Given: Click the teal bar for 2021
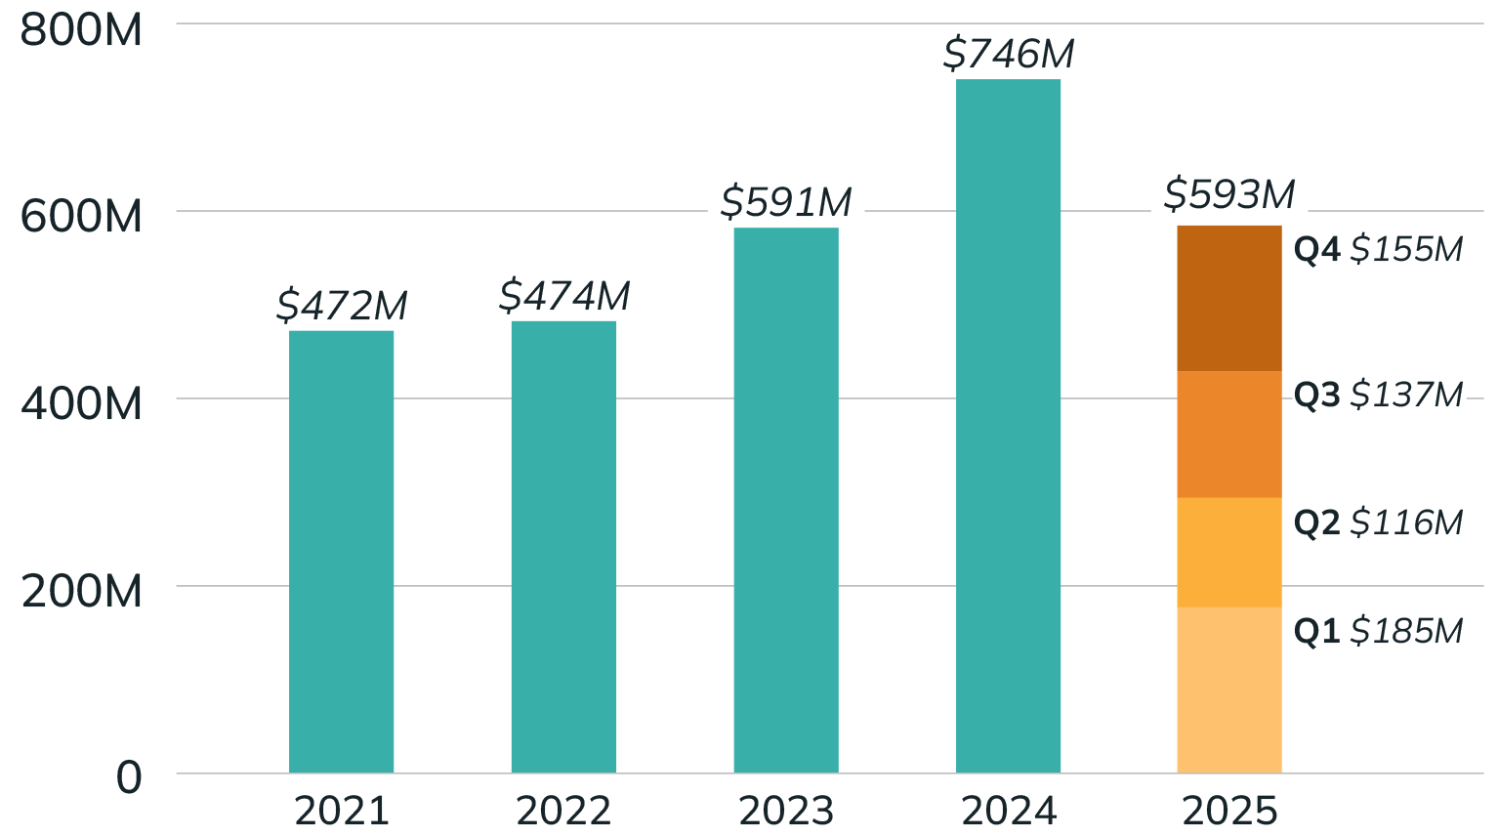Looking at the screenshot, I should point(342,552).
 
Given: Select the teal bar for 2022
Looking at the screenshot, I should point(563,547).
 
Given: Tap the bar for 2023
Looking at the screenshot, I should point(786,500).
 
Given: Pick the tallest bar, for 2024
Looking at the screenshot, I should point(1009,426).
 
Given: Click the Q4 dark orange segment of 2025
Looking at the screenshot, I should point(1228,298).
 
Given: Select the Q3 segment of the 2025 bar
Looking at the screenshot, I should point(1228,435).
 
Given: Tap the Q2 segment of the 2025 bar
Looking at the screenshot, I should point(1228,552).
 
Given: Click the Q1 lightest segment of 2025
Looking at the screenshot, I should point(1228,690).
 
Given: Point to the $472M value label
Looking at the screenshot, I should point(342,306).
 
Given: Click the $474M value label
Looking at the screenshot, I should point(563,295).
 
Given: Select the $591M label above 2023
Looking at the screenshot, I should point(786,202).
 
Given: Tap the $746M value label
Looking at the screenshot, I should point(1009,54).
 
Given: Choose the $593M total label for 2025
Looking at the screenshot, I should point(1229,194).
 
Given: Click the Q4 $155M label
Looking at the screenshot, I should point(1379,249).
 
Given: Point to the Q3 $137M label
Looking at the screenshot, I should point(1379,395).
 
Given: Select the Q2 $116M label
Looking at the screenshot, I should point(1379,522).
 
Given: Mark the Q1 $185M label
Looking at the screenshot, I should point(1379,631).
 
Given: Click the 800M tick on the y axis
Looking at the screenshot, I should point(82,31).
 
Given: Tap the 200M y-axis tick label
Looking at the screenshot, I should point(82,592).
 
